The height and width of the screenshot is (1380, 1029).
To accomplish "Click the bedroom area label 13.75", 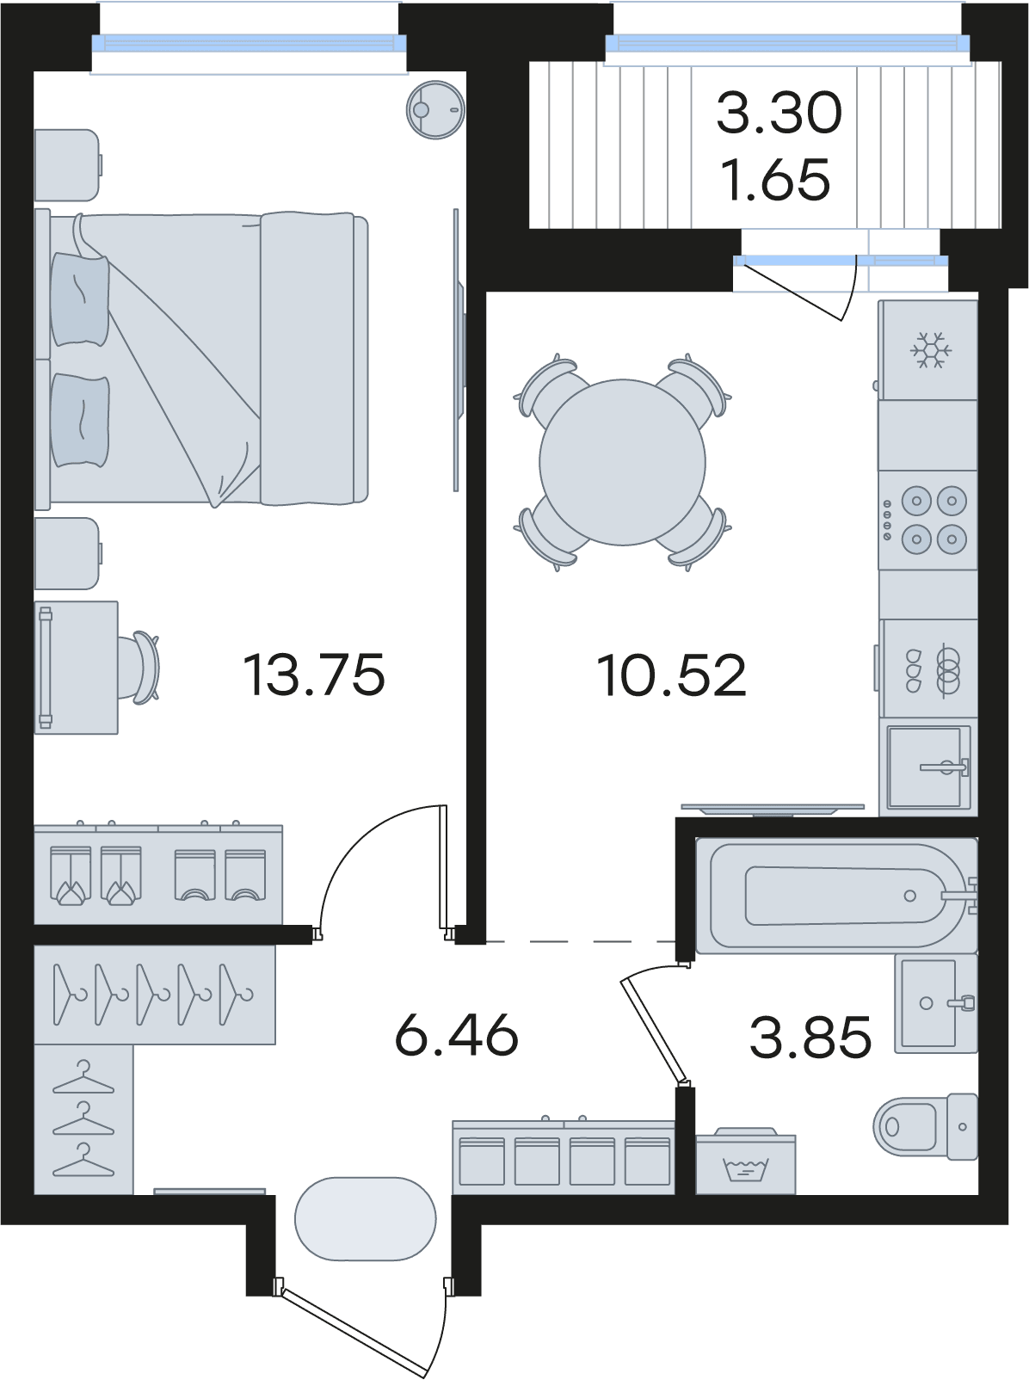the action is pyautogui.click(x=313, y=675).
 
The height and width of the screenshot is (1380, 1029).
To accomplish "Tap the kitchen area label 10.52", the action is pyautogui.click(x=671, y=675).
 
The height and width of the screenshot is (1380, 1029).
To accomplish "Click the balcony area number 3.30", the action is pyautogui.click(x=779, y=114).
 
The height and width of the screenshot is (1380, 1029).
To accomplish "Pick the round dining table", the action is pyautogui.click(x=622, y=462).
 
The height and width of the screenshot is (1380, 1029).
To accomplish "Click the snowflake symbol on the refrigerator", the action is pyautogui.click(x=931, y=351).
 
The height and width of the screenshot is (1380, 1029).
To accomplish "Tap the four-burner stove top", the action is pyautogui.click(x=927, y=520).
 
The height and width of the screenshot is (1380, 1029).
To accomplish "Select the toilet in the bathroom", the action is pyautogui.click(x=926, y=1126).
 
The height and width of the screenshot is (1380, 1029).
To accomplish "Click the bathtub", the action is pyautogui.click(x=836, y=896).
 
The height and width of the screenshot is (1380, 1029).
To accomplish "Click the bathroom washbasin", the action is pyautogui.click(x=936, y=1003).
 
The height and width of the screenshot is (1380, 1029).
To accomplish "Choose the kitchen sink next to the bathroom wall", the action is pyautogui.click(x=928, y=767).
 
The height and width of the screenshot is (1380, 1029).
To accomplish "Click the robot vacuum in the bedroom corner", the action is pyautogui.click(x=435, y=109).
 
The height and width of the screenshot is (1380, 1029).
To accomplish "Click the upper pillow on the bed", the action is pyautogui.click(x=81, y=300).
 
